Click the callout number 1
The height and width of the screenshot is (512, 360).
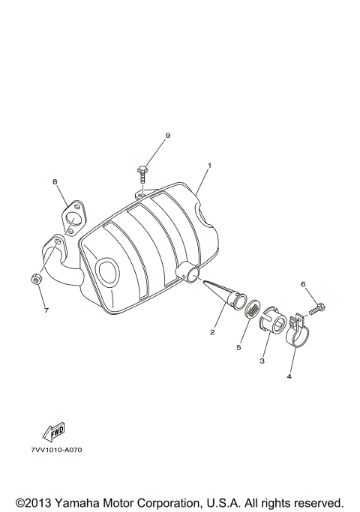pyautogui.click(x=210, y=165)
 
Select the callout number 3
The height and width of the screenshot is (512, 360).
pyautogui.click(x=262, y=361)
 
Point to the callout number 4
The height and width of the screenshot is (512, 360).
pyautogui.click(x=289, y=376)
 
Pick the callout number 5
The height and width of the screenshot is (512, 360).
pyautogui.click(x=239, y=347)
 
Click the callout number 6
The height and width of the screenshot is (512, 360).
pyautogui.click(x=303, y=284)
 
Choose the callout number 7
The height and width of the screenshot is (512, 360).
pyautogui.click(x=45, y=310)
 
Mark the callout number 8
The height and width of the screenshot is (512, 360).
pyautogui.click(x=55, y=181)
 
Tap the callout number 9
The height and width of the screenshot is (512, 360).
pyautogui.click(x=168, y=135)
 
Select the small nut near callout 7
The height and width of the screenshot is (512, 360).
pyautogui.click(x=34, y=280)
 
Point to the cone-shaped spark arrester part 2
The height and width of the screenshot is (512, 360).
pyautogui.click(x=225, y=296)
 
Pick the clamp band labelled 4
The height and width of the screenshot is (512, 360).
pyautogui.click(x=298, y=336)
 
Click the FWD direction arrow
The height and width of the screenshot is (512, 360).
pyautogui.click(x=54, y=431)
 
